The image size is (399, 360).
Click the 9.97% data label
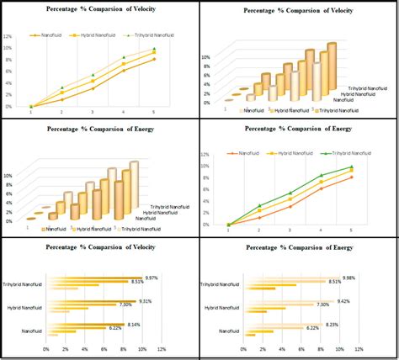tap(152, 278)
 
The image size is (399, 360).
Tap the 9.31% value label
tap(145, 301)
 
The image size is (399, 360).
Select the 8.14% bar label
tap(134, 324)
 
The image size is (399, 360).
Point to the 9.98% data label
tap(348, 278)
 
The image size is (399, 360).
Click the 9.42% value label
tap(343, 301)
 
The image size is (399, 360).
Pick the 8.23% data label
tap(332, 324)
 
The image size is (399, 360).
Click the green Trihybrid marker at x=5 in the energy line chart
tap(351, 167)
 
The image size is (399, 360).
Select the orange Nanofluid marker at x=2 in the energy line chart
tap(259, 217)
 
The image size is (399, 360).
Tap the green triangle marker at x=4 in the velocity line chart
tap(124, 57)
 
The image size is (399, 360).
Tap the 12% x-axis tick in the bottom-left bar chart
tap(162, 348)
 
